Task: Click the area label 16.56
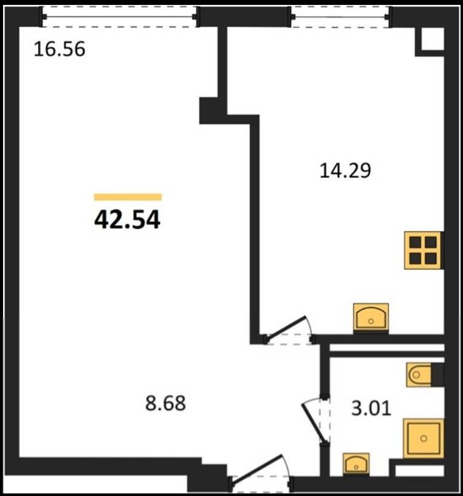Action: tap(59, 50)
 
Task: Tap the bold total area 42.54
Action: tap(127, 220)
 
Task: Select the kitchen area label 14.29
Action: tap(345, 171)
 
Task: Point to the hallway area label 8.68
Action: tap(166, 403)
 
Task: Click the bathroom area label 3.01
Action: tap(372, 408)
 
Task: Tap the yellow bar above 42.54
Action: tap(128, 197)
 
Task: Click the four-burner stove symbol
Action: tap(422, 250)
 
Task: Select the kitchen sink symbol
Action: tap(371, 318)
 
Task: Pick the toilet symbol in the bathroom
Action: tap(419, 375)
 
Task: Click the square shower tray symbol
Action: tap(424, 438)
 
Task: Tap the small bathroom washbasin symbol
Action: tap(356, 463)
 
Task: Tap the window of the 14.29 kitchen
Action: tap(341, 17)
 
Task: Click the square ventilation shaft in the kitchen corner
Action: tap(430, 42)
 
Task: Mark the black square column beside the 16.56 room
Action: tap(209, 110)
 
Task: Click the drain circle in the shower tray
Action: tap(424, 438)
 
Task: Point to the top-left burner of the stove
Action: tap(415, 242)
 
